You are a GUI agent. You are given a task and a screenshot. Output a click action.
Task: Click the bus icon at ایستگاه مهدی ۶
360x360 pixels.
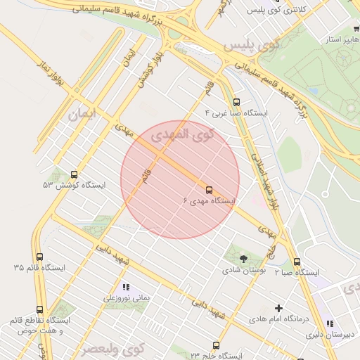209,190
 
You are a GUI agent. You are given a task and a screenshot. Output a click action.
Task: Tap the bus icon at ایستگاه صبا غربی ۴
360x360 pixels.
236,101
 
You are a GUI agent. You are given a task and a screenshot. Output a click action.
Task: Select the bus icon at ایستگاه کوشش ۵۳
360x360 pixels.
75,174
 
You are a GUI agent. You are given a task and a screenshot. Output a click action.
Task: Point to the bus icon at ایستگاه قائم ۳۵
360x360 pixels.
39,257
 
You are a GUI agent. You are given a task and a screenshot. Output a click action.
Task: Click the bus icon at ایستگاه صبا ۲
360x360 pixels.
297,262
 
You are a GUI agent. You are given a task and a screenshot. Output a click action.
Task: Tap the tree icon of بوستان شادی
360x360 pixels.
243,259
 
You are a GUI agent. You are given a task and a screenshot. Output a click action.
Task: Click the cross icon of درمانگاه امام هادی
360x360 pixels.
279,308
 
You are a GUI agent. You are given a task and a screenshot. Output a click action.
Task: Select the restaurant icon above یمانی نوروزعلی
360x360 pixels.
126,287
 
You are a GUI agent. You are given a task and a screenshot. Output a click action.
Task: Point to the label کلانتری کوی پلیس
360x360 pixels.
278,10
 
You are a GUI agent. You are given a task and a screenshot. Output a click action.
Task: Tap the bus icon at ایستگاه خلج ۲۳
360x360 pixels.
216,345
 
